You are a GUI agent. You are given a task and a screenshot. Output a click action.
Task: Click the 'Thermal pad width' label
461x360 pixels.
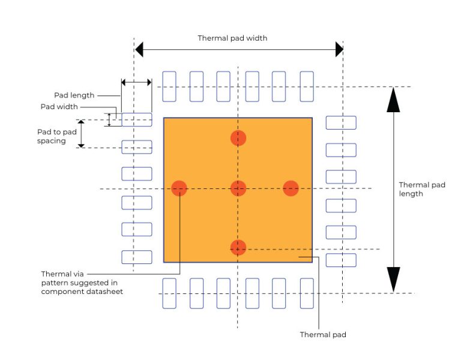point(232,38)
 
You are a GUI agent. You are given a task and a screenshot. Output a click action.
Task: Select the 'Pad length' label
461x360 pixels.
point(74,95)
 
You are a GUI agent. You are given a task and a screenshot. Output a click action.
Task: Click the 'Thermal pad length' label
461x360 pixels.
point(422,189)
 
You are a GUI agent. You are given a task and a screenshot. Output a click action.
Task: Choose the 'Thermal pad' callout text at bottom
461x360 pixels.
point(323,334)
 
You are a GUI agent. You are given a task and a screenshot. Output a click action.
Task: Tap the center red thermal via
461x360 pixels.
point(238,188)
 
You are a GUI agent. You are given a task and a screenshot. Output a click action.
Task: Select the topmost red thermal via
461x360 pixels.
point(238,137)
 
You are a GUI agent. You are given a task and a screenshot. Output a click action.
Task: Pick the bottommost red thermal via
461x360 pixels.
point(238,247)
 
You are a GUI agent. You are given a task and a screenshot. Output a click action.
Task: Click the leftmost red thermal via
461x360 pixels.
point(179,188)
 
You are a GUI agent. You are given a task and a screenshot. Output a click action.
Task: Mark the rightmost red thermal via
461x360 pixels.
point(291,188)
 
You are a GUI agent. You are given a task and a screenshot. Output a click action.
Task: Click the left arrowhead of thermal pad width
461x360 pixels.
point(139,49)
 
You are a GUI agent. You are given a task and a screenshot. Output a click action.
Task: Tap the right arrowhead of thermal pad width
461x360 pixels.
point(339,49)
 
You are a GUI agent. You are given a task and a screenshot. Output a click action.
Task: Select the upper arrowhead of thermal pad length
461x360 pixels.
point(393,100)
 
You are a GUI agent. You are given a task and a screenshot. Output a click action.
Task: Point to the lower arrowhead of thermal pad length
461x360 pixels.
point(393,280)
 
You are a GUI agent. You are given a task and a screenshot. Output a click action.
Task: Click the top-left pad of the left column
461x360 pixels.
point(137,119)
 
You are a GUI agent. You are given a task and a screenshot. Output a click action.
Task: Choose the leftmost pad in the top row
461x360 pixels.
point(169,86)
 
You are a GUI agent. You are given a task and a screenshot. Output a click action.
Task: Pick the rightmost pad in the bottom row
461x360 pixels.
point(307,293)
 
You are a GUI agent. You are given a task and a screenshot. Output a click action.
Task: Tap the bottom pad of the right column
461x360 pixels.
point(341,260)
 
